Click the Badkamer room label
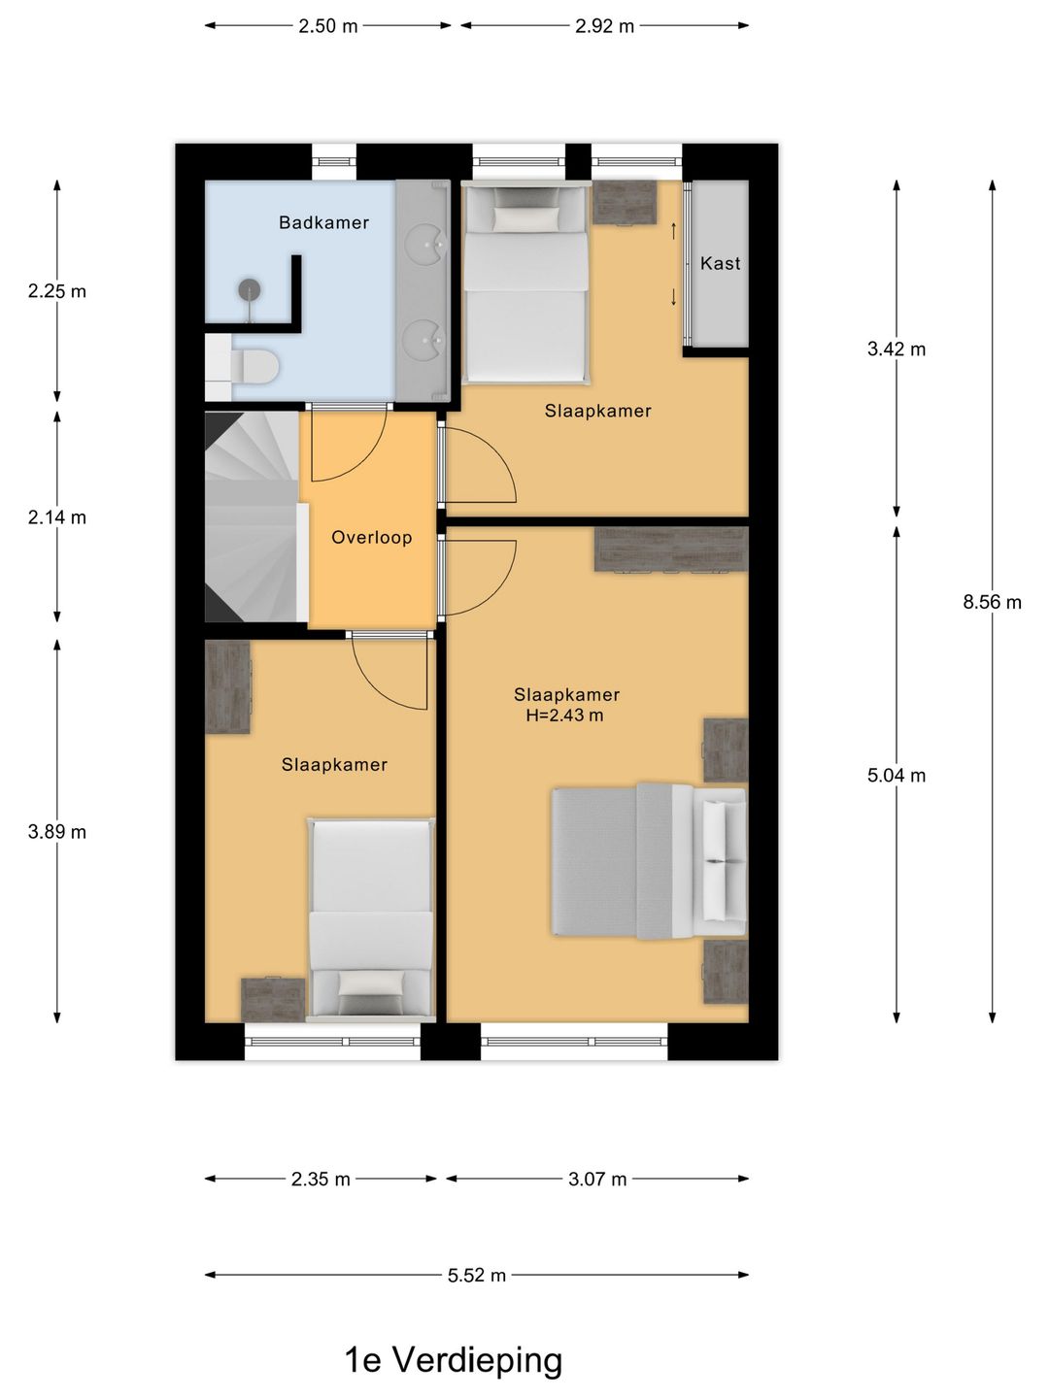pos(323,222)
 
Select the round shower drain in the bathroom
pos(249,289)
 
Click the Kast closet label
pos(720,263)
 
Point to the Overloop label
pos(371,538)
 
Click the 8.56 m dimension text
pos(992,602)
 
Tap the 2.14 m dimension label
pos(56,517)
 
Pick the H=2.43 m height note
pos(564,716)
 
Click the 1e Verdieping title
pos(454,1358)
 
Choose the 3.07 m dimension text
pos(597,1179)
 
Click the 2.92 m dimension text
pos(604,26)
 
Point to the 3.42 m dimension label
pos(897,349)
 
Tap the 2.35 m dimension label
pos(321,1179)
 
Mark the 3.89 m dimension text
pos(56,832)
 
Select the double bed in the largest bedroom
pos(649,862)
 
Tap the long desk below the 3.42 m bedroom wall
pos(670,549)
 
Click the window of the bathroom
pos(334,162)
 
